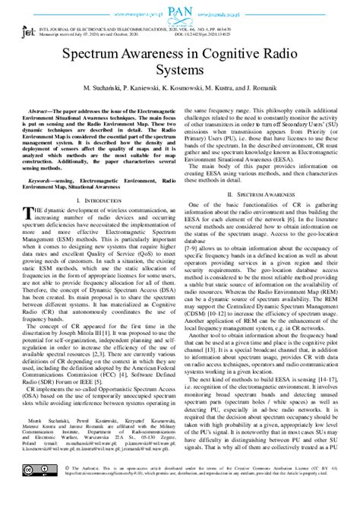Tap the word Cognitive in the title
coord(219,57)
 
